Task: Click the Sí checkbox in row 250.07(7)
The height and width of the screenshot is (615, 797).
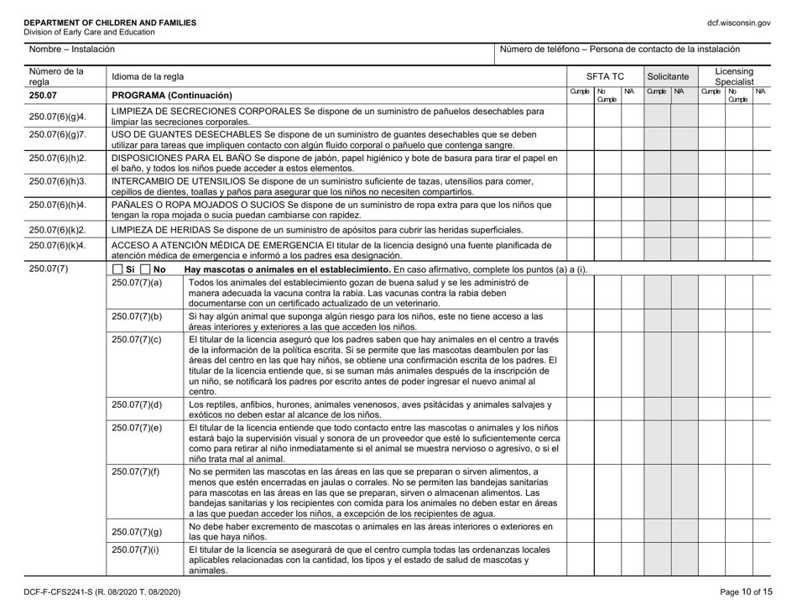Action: [117, 268]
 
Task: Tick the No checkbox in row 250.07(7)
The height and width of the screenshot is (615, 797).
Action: [145, 268]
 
